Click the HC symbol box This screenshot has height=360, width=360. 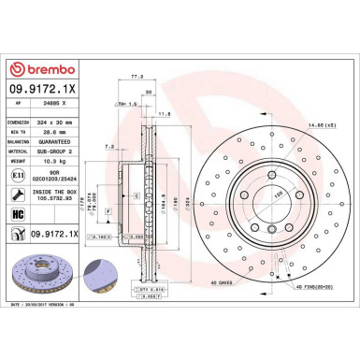click(19, 214)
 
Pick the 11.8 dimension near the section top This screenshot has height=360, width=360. click(164, 113)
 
